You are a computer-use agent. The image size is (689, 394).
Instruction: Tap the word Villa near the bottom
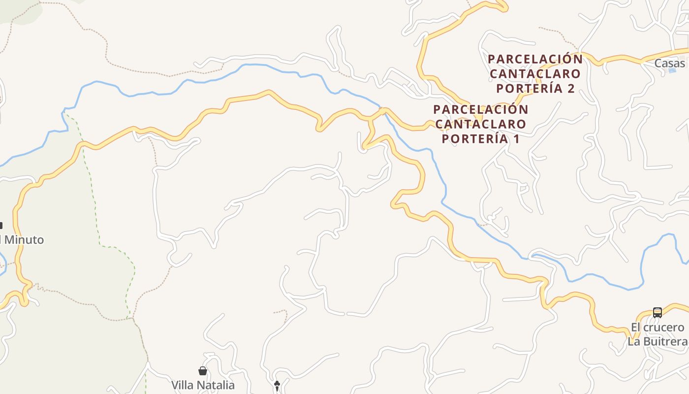tap(182, 385)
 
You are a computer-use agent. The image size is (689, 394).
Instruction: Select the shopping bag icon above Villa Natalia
tap(202, 371)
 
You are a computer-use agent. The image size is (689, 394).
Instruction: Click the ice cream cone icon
tap(277, 385)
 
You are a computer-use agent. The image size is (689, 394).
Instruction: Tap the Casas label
tap(669, 64)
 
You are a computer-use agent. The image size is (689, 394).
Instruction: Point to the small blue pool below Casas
tap(671, 71)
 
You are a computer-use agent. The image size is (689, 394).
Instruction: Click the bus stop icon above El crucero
tap(658, 312)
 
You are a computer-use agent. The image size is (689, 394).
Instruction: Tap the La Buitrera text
tap(657, 341)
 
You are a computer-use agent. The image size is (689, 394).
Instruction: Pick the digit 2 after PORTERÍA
tap(571, 89)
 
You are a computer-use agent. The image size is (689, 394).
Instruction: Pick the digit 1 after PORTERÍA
tap(516, 139)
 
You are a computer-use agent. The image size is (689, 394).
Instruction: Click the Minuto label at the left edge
tap(24, 240)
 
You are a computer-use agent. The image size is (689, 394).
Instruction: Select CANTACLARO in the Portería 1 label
tap(480, 124)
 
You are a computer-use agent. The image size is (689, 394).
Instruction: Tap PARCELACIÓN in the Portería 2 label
tap(535, 59)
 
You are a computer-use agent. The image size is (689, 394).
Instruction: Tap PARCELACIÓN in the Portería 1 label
tap(480, 109)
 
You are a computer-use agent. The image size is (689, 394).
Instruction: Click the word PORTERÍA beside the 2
tap(529, 89)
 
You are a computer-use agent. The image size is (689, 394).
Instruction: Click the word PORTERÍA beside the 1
tap(474, 139)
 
